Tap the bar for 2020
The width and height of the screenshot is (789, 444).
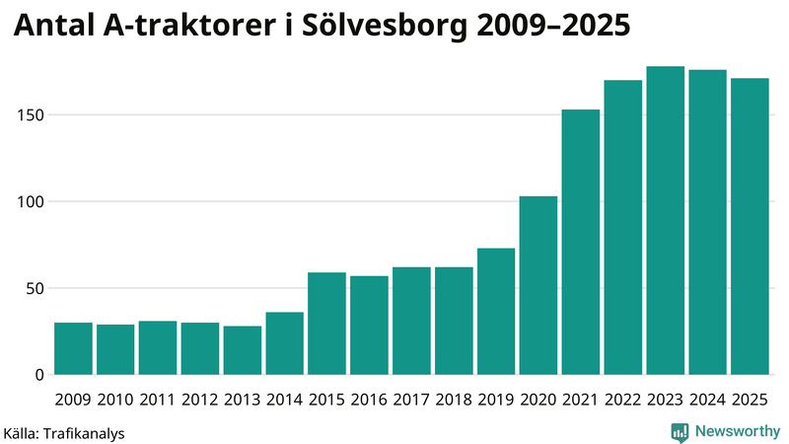point(538,285)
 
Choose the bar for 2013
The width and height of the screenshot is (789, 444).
point(243,350)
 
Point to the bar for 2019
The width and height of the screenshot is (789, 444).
point(496,311)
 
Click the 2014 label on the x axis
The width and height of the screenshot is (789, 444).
point(284,400)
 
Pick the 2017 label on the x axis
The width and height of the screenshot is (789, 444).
point(411,400)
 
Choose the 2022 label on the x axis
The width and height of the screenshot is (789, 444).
point(623,400)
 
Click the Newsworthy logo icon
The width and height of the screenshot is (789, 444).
point(680,431)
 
